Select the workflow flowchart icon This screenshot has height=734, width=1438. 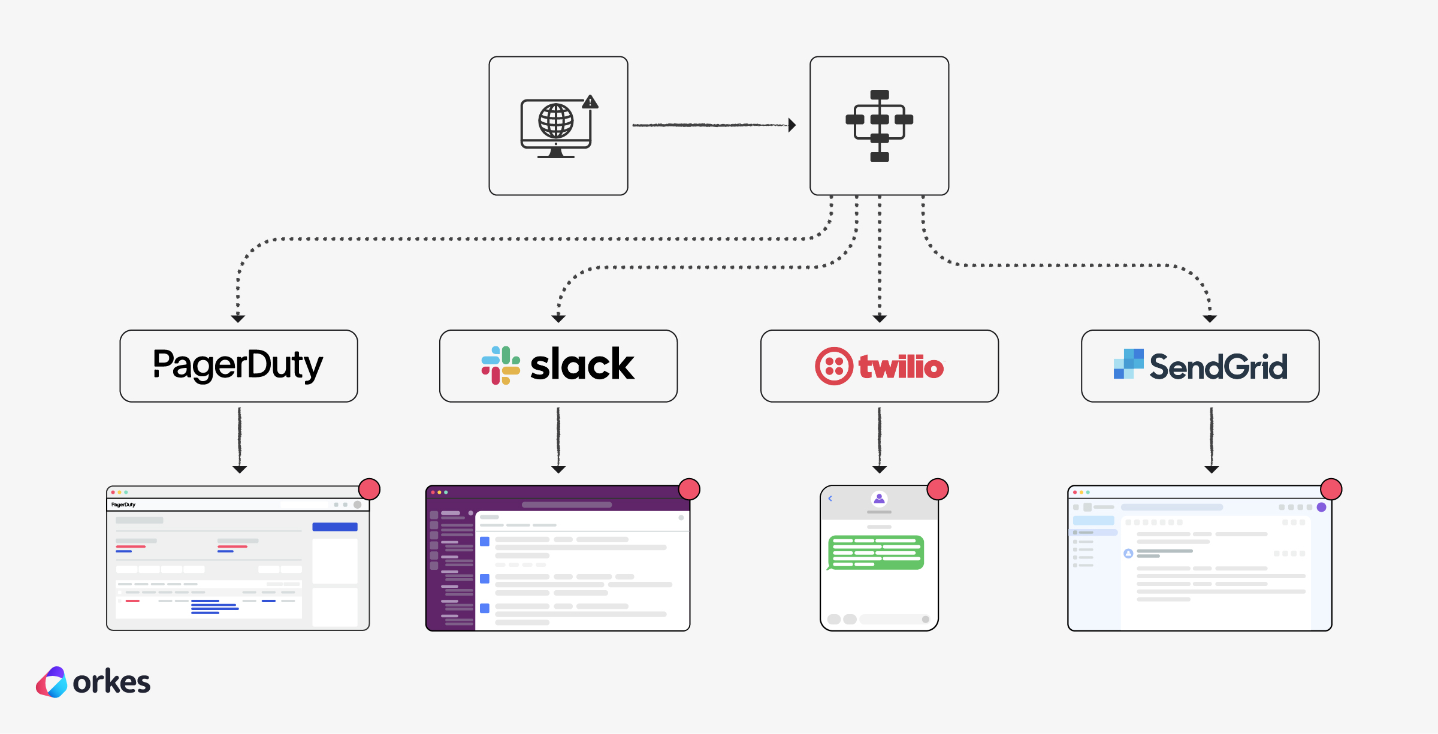pos(879,126)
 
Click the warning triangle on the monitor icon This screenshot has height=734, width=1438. pos(590,102)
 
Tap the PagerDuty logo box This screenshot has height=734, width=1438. pos(238,366)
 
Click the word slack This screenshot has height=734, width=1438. pos(582,365)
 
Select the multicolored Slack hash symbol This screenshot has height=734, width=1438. pos(500,365)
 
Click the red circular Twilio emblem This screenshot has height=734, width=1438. pos(833,366)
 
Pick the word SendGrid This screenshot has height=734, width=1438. pos(1218,367)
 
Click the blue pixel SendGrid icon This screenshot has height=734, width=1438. pos(1128,364)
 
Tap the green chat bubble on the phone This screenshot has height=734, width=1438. pos(876,552)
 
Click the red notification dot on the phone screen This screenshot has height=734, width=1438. pos(937,490)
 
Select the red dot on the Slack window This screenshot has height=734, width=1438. pos(689,490)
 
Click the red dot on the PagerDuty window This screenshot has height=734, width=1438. pos(369,490)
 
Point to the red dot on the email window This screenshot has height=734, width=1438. pos(1331,490)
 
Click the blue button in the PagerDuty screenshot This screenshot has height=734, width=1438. pos(334,527)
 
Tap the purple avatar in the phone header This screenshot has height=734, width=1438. pos(879,499)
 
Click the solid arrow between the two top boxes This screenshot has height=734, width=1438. pos(713,125)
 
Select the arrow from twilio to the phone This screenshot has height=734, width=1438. pos(879,440)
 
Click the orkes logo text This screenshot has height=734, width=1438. pos(111,682)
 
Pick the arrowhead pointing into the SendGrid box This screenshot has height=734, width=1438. pos(1209,318)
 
